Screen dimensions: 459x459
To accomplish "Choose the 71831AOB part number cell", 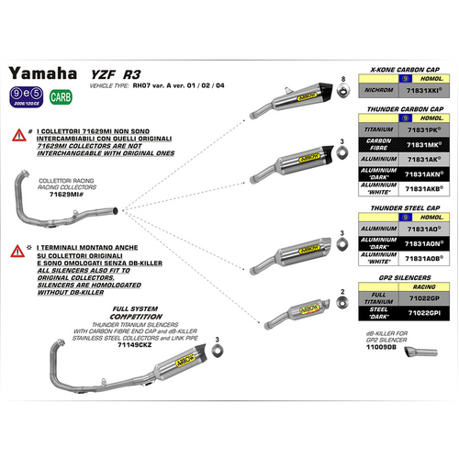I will coord(426,261).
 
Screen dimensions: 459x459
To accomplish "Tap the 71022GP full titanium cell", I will coord(426,299).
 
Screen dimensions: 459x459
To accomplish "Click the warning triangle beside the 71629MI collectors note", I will coord(17,134).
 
